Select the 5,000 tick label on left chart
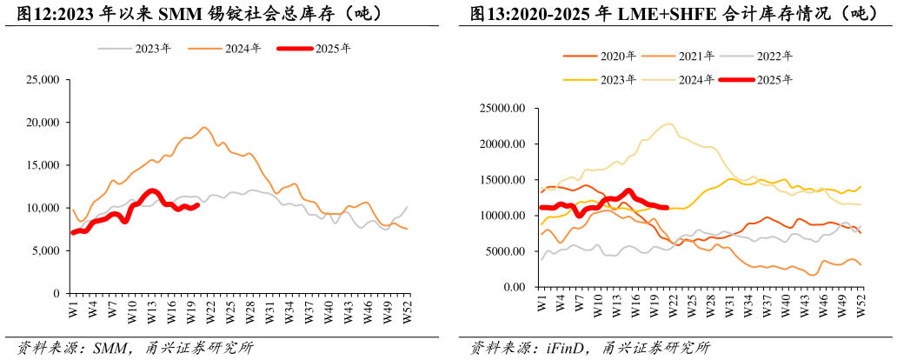[44, 250]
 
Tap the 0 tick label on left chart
[55, 294]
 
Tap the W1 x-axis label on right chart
[542, 303]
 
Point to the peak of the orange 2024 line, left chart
[204, 128]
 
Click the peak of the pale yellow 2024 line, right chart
[668, 123]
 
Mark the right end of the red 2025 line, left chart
[198, 205]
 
